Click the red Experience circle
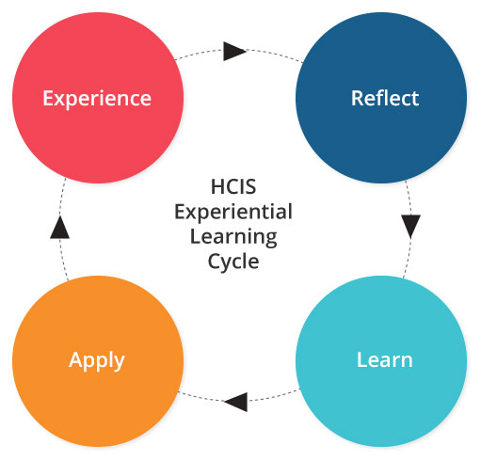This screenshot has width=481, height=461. click(98, 98)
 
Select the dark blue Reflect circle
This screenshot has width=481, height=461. click(381, 98)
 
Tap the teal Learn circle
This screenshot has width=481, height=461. click(381, 361)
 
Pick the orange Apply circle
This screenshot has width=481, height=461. click(98, 361)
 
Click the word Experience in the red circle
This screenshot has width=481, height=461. click(97, 100)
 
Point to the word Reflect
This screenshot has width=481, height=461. click(385, 98)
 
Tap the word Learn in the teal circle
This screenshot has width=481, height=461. click(385, 359)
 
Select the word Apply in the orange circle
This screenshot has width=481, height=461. click(97, 361)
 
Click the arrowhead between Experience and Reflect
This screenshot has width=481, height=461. click(234, 51)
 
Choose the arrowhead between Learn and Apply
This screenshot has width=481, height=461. click(235, 402)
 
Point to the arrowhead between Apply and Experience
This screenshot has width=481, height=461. click(59, 227)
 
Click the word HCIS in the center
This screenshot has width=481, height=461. click(233, 186)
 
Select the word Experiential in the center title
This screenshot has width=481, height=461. click(233, 213)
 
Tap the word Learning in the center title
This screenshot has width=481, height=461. click(233, 237)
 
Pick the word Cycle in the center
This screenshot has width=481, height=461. click(233, 262)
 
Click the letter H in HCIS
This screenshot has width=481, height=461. click(217, 186)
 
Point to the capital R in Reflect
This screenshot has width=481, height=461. click(357, 99)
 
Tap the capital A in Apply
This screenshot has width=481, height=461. click(75, 359)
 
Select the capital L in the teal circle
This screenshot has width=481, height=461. click(362, 359)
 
